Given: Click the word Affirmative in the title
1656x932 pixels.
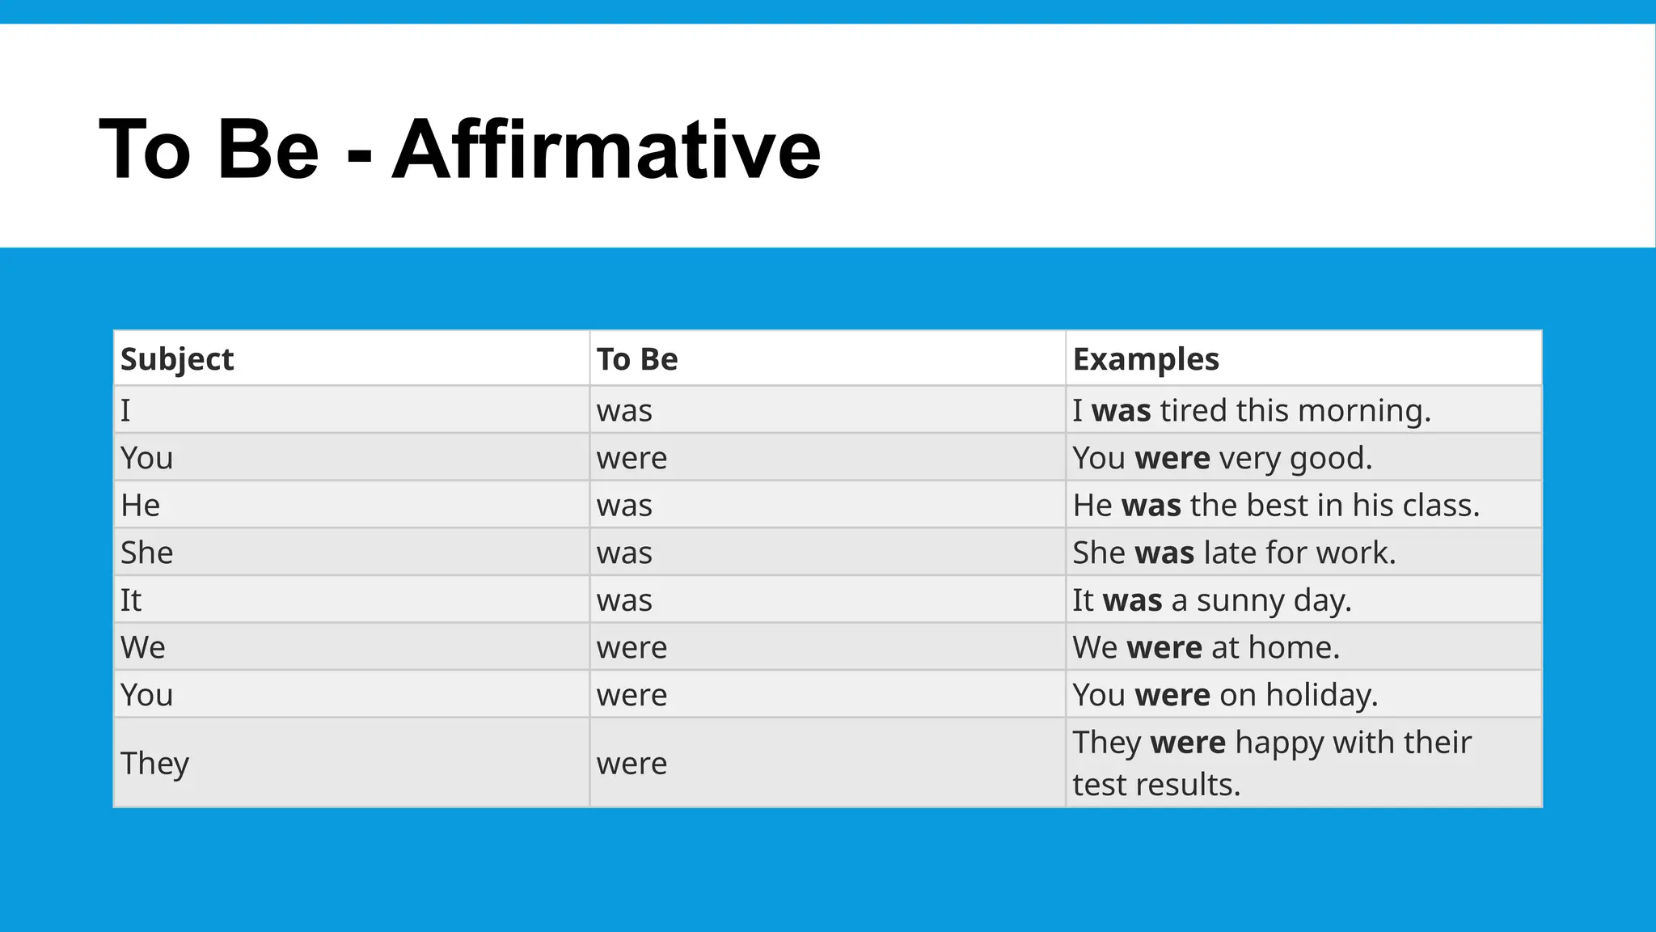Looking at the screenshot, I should (606, 150).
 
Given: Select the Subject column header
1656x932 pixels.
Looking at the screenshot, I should (177, 359).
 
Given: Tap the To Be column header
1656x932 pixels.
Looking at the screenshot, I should (637, 359).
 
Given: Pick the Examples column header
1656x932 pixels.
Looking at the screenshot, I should (1146, 359).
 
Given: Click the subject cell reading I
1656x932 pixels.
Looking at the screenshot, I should (125, 410).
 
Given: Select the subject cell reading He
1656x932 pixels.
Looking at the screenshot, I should (140, 506).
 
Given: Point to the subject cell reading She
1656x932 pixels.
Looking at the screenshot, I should (146, 553).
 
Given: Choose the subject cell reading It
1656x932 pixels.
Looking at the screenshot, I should (131, 600).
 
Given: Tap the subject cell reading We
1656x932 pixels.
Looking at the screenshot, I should (143, 647).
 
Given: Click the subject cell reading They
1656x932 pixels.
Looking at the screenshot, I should (154, 763).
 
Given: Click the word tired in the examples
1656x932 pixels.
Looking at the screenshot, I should (1193, 410).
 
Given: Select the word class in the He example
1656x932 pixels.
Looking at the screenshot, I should (1441, 506).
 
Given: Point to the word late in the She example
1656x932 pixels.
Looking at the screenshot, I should (1230, 553).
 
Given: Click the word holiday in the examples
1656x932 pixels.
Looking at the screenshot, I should (1321, 695).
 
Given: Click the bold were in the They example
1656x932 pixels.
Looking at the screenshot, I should (1188, 743).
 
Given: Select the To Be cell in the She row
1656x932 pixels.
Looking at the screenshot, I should (624, 553).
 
